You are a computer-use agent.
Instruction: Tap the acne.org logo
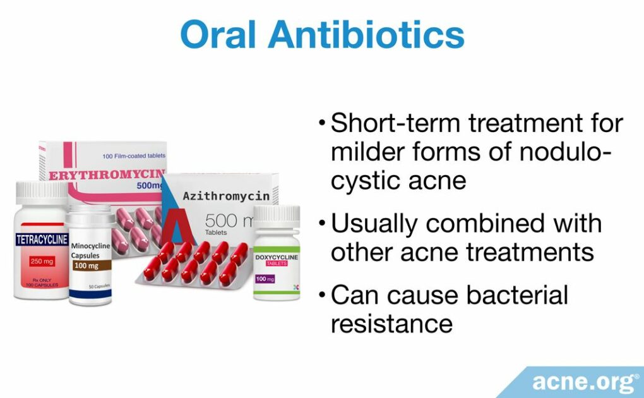pyautogui.click(x=585, y=382)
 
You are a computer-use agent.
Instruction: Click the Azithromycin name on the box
pyautogui.click(x=225, y=196)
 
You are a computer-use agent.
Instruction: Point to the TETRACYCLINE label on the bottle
pyautogui.click(x=42, y=239)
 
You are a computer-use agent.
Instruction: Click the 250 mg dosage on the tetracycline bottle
pyautogui.click(x=42, y=260)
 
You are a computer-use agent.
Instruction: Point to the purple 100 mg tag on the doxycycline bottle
pyautogui.click(x=265, y=278)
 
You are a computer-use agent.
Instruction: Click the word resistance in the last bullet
pyautogui.click(x=391, y=323)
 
